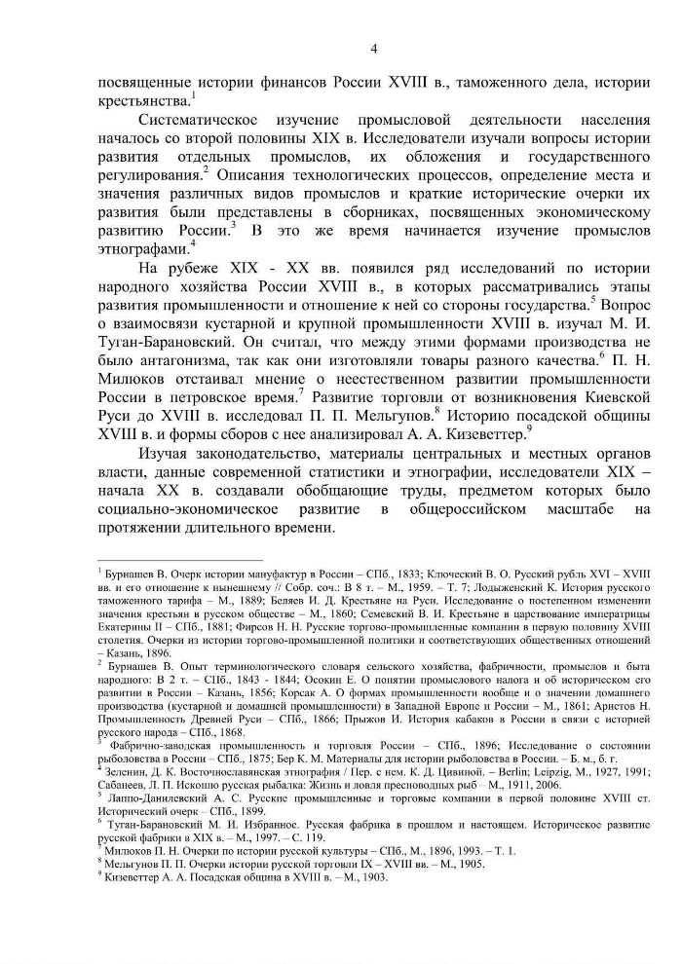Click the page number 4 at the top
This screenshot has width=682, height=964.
374,49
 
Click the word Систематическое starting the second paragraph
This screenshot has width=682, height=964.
200,120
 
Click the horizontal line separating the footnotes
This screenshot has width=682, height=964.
166,561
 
